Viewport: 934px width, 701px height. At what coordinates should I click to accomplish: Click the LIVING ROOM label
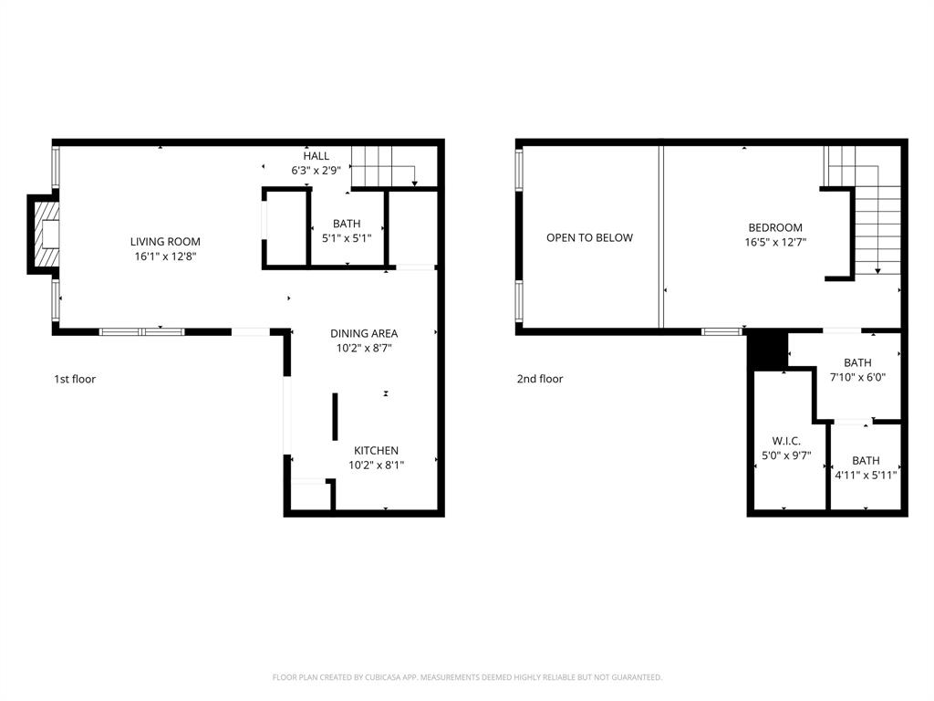[x=165, y=242]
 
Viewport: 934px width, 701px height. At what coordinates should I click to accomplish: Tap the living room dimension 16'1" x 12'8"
[x=165, y=256]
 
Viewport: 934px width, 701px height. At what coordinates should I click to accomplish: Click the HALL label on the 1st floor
[x=317, y=156]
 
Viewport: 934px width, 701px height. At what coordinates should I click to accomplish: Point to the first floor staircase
[x=383, y=165]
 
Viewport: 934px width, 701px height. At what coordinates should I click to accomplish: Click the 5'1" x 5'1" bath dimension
[x=347, y=237]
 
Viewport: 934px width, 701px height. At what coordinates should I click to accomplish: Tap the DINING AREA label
[x=364, y=333]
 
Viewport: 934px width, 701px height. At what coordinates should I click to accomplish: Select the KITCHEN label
[x=376, y=450]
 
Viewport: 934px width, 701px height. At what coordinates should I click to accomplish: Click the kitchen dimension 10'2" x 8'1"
[x=376, y=465]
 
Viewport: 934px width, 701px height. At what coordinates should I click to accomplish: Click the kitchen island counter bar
[x=335, y=417]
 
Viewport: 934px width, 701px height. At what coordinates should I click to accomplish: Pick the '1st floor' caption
[x=75, y=379]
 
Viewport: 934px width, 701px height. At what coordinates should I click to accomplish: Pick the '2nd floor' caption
[x=540, y=379]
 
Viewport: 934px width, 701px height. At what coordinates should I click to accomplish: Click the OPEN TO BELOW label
[x=589, y=237]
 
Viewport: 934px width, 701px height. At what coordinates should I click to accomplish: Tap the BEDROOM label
[x=775, y=227]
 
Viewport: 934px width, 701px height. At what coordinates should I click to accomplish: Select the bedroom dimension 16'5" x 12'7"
[x=775, y=242]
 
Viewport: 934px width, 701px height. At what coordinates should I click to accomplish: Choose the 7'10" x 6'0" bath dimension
[x=857, y=377]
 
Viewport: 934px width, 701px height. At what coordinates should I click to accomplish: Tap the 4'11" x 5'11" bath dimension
[x=866, y=475]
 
